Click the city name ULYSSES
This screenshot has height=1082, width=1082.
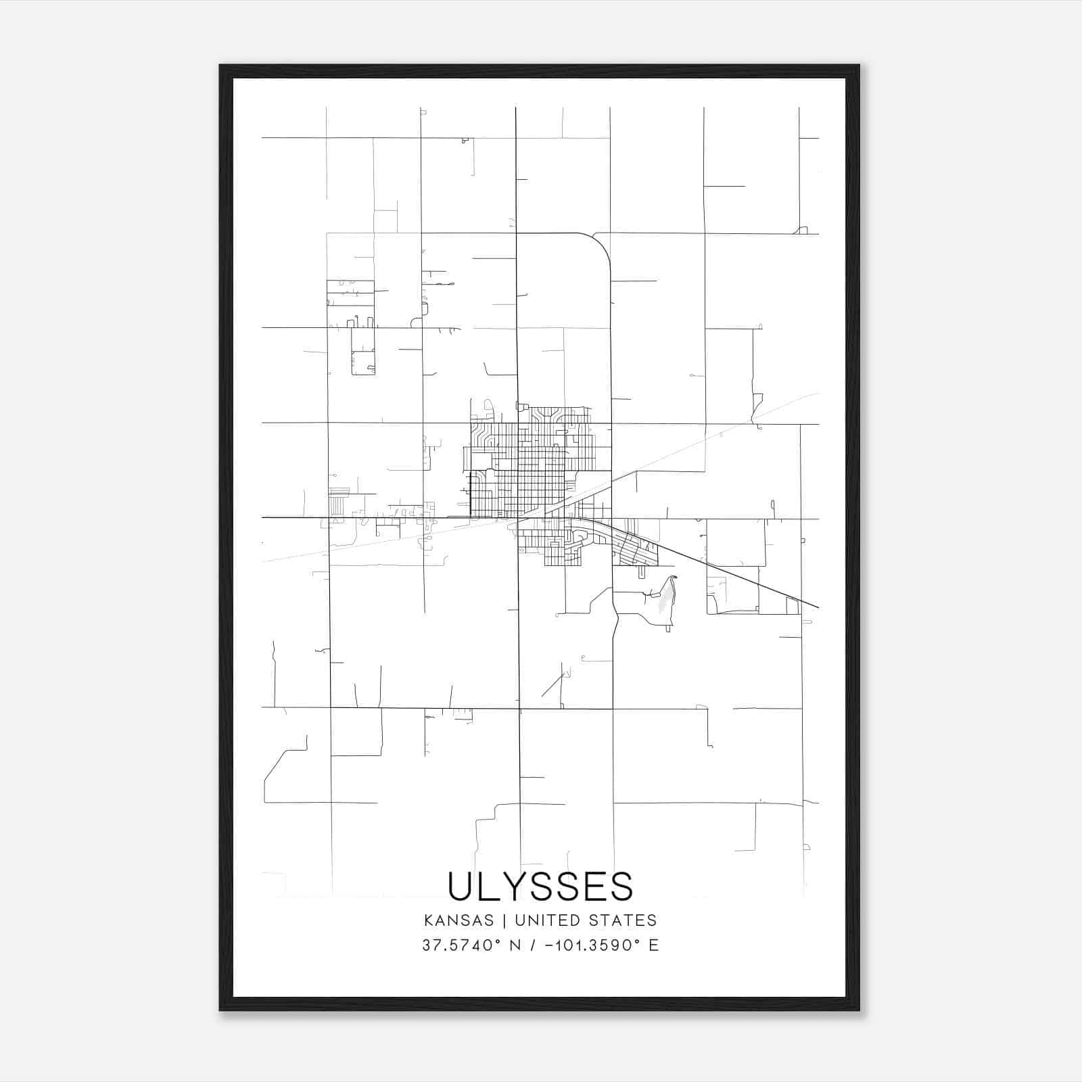pyautogui.click(x=540, y=886)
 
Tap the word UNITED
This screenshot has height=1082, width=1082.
pyautogui.click(x=548, y=920)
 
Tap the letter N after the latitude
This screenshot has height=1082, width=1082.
pyautogui.click(x=515, y=945)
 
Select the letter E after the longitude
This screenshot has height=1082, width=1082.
pyautogui.click(x=653, y=945)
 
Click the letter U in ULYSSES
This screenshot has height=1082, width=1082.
pyautogui.click(x=461, y=886)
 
